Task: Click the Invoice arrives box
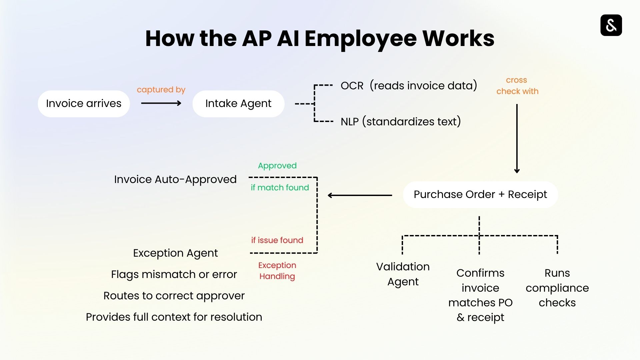pyautogui.click(x=84, y=104)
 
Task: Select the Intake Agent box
pyautogui.click(x=238, y=104)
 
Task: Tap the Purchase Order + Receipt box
pyautogui.click(x=480, y=195)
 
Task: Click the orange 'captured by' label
pyautogui.click(x=161, y=90)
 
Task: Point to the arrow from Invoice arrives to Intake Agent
pyautogui.click(x=161, y=103)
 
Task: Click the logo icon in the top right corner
pyautogui.click(x=611, y=25)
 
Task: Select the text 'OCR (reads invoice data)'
pyautogui.click(x=409, y=86)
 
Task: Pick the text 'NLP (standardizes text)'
pyautogui.click(x=401, y=122)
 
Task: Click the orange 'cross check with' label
pyautogui.click(x=517, y=86)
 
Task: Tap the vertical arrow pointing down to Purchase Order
pyautogui.click(x=517, y=138)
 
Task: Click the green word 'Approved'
pyautogui.click(x=277, y=166)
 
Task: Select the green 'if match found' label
pyautogui.click(x=280, y=188)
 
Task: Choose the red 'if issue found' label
pyautogui.click(x=277, y=240)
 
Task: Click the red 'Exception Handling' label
pyautogui.click(x=277, y=271)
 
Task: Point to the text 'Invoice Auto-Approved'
pyautogui.click(x=175, y=180)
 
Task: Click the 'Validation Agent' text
pyautogui.click(x=403, y=274)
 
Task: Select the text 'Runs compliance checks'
pyautogui.click(x=557, y=288)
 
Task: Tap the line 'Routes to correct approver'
pyautogui.click(x=174, y=296)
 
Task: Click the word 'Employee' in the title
pyautogui.click(x=360, y=39)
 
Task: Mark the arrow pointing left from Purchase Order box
pyautogui.click(x=360, y=195)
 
